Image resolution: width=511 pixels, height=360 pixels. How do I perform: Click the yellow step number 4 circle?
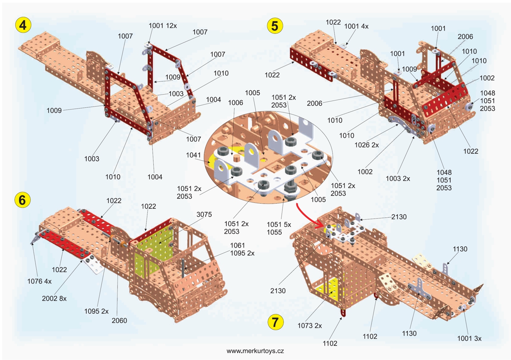click(x=23, y=25)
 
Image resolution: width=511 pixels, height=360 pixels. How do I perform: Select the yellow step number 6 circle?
click(x=23, y=199)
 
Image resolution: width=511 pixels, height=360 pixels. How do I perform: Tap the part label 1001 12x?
click(x=163, y=26)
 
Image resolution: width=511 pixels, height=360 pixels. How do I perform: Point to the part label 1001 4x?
click(x=356, y=26)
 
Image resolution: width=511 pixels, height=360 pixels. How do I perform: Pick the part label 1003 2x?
click(x=398, y=179)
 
